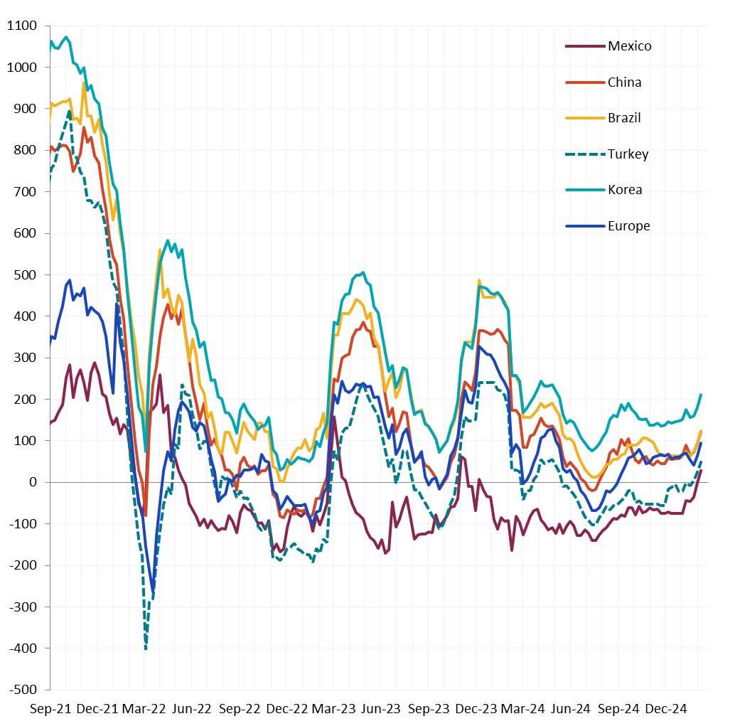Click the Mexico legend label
[629, 46]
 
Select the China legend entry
[624, 82]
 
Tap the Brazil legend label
[624, 118]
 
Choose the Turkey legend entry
[628, 154]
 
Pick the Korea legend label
[625, 190]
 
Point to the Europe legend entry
[628, 226]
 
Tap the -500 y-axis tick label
[24, 690]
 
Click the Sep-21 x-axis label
[50, 709]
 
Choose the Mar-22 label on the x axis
[145, 709]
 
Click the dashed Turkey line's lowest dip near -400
[146, 648]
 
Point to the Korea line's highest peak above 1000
[66, 37]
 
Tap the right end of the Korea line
[701, 395]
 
